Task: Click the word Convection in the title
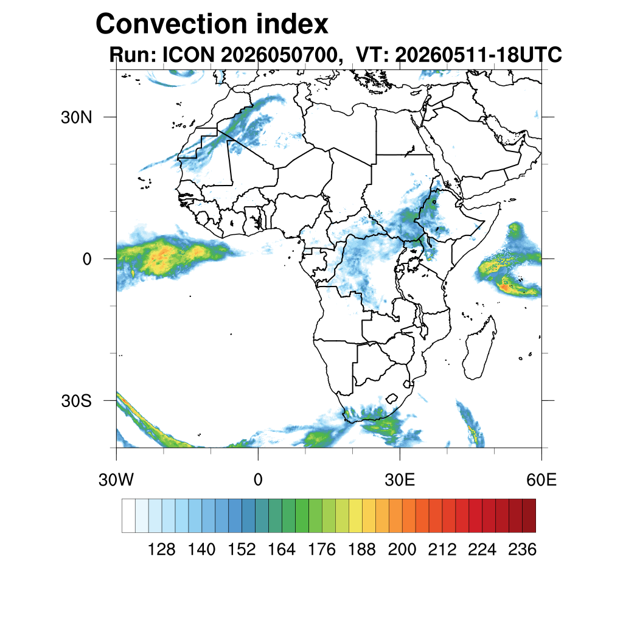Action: click(x=172, y=24)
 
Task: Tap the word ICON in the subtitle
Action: click(x=189, y=54)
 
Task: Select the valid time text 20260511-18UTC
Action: click(x=478, y=54)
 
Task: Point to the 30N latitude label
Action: click(x=76, y=117)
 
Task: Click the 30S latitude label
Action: click(x=76, y=402)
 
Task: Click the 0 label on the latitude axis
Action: click(x=87, y=259)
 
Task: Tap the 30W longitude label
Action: click(x=116, y=480)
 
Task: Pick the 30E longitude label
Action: click(x=400, y=480)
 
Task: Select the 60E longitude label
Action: click(x=541, y=480)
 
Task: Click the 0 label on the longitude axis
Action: click(x=258, y=480)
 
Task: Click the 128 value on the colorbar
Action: click(x=161, y=549)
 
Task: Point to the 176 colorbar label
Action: click(x=322, y=549)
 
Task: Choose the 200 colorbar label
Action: click(x=402, y=549)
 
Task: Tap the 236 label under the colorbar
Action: click(x=523, y=549)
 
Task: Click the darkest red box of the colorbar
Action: click(x=529, y=516)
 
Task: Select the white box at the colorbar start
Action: click(x=129, y=516)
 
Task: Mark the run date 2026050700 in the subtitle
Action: click(x=282, y=54)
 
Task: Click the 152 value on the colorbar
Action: click(x=242, y=549)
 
